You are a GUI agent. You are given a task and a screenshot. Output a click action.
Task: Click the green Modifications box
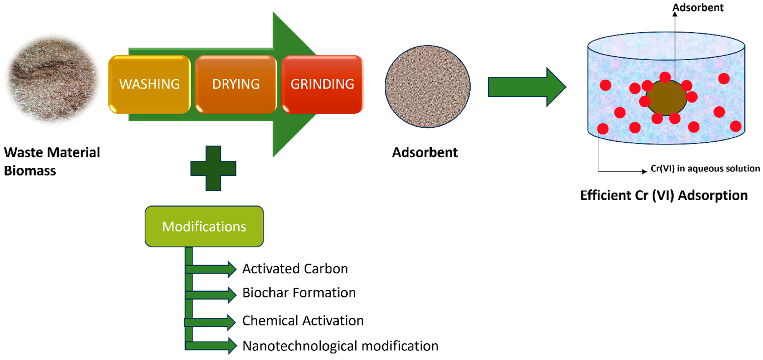(204, 227)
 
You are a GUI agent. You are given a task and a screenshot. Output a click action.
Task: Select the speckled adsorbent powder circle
(427, 86)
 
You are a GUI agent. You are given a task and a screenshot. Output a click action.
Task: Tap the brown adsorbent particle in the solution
(666, 98)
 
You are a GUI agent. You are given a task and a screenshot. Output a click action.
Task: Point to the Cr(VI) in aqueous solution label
(705, 169)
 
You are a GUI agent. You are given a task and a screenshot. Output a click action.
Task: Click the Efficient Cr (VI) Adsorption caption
(664, 195)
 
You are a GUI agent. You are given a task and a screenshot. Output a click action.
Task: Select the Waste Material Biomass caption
(52, 161)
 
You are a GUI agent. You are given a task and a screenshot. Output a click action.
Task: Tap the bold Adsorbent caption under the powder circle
(425, 153)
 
